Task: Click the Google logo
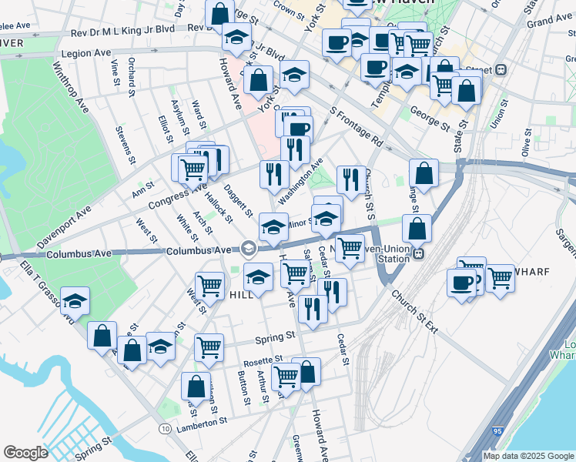coord(25,453)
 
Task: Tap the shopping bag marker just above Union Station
coord(417,228)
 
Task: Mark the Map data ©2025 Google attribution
coord(528,456)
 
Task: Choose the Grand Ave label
coord(549,18)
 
